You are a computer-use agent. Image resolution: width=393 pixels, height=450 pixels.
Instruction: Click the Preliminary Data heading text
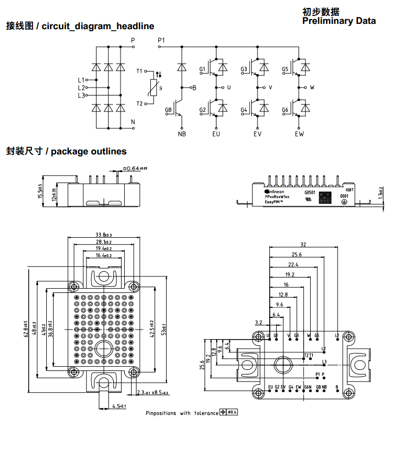click(339, 21)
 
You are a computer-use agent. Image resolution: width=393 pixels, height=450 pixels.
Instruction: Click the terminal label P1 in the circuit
click(161, 40)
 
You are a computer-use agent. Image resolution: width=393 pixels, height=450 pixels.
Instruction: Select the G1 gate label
click(202, 70)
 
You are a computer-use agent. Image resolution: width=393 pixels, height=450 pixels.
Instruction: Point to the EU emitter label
click(216, 134)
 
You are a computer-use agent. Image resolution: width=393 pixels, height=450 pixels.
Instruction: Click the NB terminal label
click(182, 134)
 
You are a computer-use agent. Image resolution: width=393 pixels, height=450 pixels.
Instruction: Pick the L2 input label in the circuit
click(81, 88)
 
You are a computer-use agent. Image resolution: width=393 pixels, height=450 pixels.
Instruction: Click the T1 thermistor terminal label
click(140, 71)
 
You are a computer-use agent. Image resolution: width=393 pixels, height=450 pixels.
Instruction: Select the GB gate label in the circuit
click(168, 110)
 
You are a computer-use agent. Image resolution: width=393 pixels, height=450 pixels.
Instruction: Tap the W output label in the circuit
click(312, 87)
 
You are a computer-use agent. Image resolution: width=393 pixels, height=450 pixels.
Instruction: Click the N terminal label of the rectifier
click(133, 122)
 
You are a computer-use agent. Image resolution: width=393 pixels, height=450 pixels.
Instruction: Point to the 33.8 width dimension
click(104, 235)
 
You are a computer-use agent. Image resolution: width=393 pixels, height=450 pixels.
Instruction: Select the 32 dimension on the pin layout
click(303, 245)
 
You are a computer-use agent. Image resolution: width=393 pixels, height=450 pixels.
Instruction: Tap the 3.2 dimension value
click(259, 322)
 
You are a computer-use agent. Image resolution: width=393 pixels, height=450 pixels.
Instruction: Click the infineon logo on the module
click(275, 192)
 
